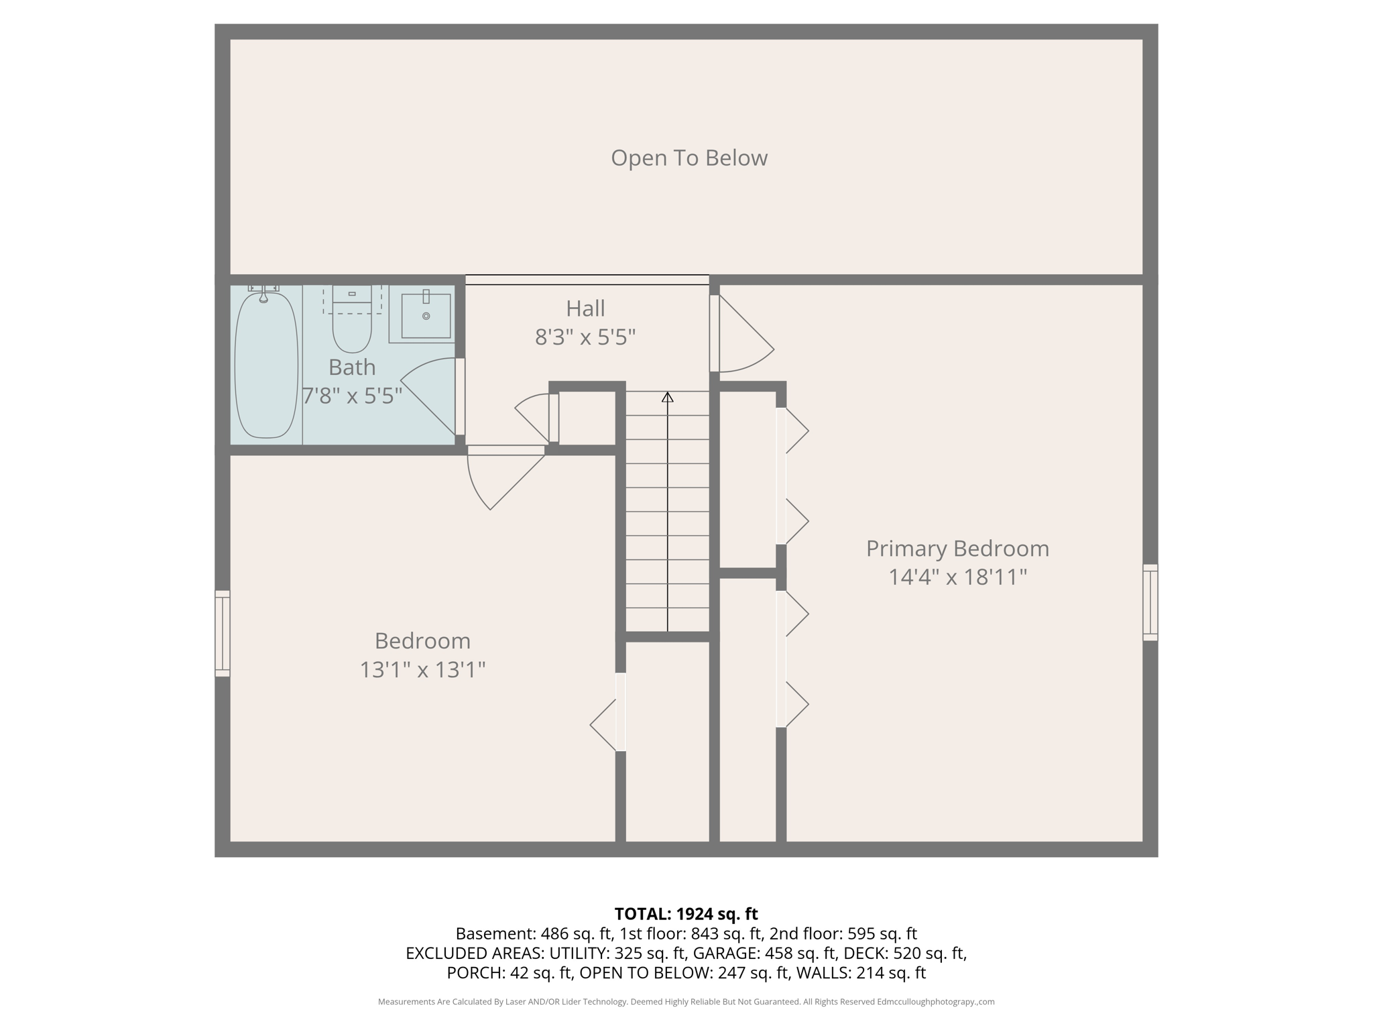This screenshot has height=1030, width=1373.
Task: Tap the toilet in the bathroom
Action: tap(352, 325)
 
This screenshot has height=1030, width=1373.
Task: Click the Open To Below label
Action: tap(689, 158)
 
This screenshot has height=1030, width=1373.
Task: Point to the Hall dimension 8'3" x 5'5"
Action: tap(585, 337)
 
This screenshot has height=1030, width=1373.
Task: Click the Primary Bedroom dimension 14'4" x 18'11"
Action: tap(957, 577)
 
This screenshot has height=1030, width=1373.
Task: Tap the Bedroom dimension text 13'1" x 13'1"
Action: tap(422, 669)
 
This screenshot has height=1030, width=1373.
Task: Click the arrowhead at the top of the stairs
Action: tap(667, 397)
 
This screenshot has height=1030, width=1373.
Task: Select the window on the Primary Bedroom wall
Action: tap(1150, 602)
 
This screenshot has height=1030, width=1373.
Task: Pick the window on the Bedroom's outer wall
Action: tap(222, 633)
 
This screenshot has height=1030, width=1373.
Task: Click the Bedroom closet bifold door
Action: tap(605, 724)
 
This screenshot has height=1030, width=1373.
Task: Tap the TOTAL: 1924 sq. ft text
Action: tap(686, 913)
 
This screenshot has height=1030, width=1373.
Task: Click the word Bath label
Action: tap(351, 367)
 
